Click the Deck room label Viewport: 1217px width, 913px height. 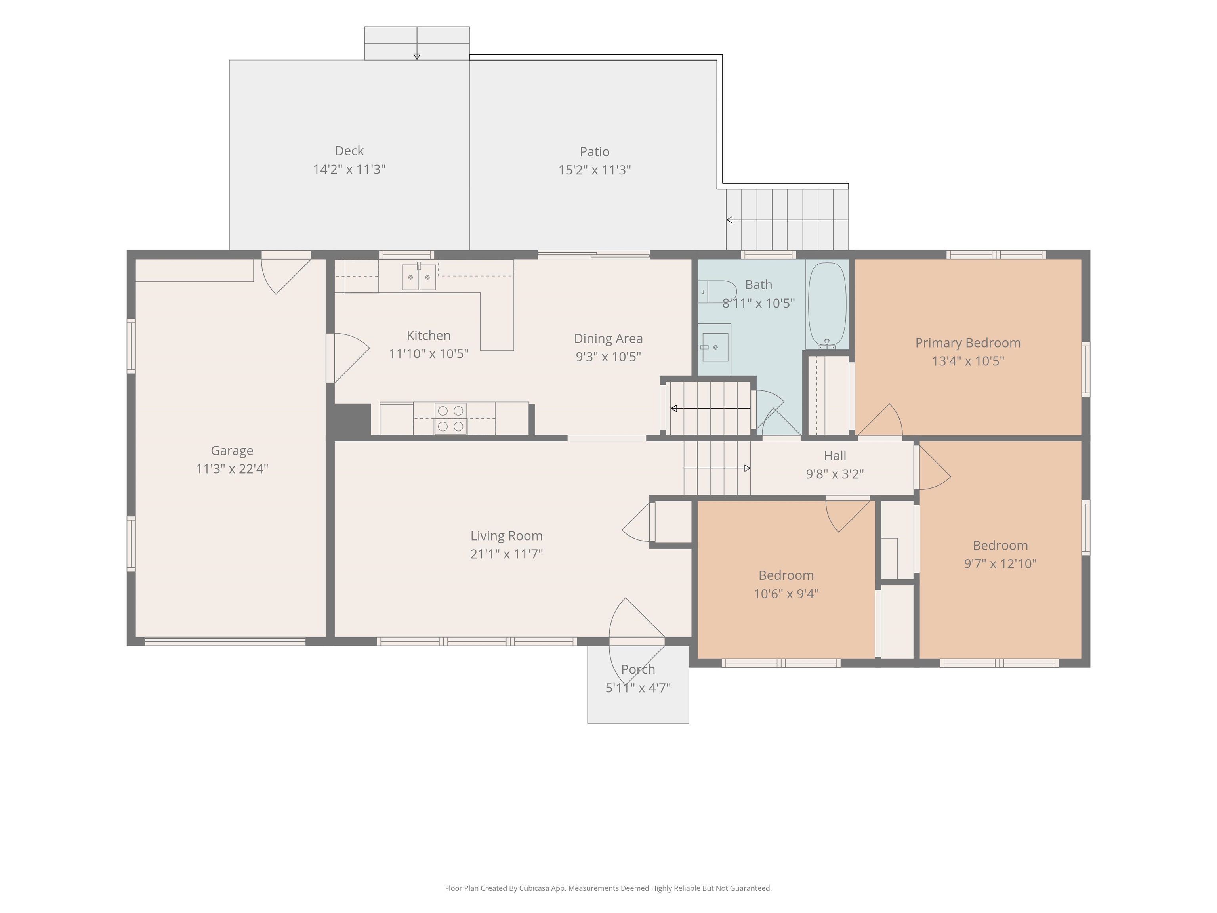(x=349, y=151)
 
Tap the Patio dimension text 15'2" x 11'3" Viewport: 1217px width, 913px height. (x=594, y=170)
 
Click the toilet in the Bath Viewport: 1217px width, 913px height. (x=717, y=292)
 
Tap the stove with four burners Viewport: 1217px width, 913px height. (x=450, y=419)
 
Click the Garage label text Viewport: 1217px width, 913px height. (x=232, y=451)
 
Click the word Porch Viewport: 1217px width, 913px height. (x=638, y=669)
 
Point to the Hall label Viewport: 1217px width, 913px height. (x=835, y=456)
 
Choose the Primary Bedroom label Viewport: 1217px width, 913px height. (x=968, y=343)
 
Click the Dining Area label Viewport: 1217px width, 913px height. (x=608, y=338)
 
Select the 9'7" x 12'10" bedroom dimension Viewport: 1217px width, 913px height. (x=1000, y=563)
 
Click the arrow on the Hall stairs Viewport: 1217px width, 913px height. (x=717, y=468)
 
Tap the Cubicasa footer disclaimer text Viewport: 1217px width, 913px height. (x=608, y=888)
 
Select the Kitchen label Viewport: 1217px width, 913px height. (x=429, y=335)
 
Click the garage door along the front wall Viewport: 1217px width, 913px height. (x=225, y=641)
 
